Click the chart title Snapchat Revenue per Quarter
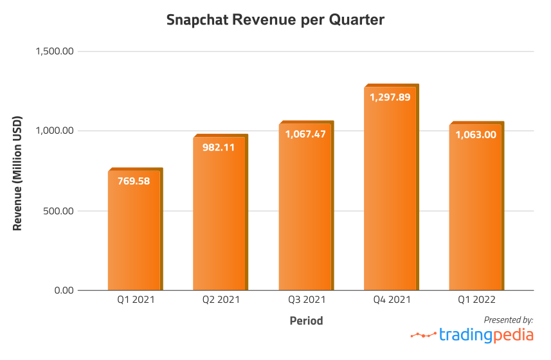pyautogui.click(x=275, y=20)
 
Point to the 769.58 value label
pyautogui.click(x=134, y=181)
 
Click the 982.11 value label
pyautogui.click(x=219, y=147)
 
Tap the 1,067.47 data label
pyautogui.click(x=305, y=134)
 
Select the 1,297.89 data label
pyautogui.click(x=390, y=98)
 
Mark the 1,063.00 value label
pyautogui.click(x=476, y=134)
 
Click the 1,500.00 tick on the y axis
pyautogui.click(x=56, y=51)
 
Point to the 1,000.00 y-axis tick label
pyautogui.click(x=56, y=131)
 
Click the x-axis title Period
pyautogui.click(x=306, y=320)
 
